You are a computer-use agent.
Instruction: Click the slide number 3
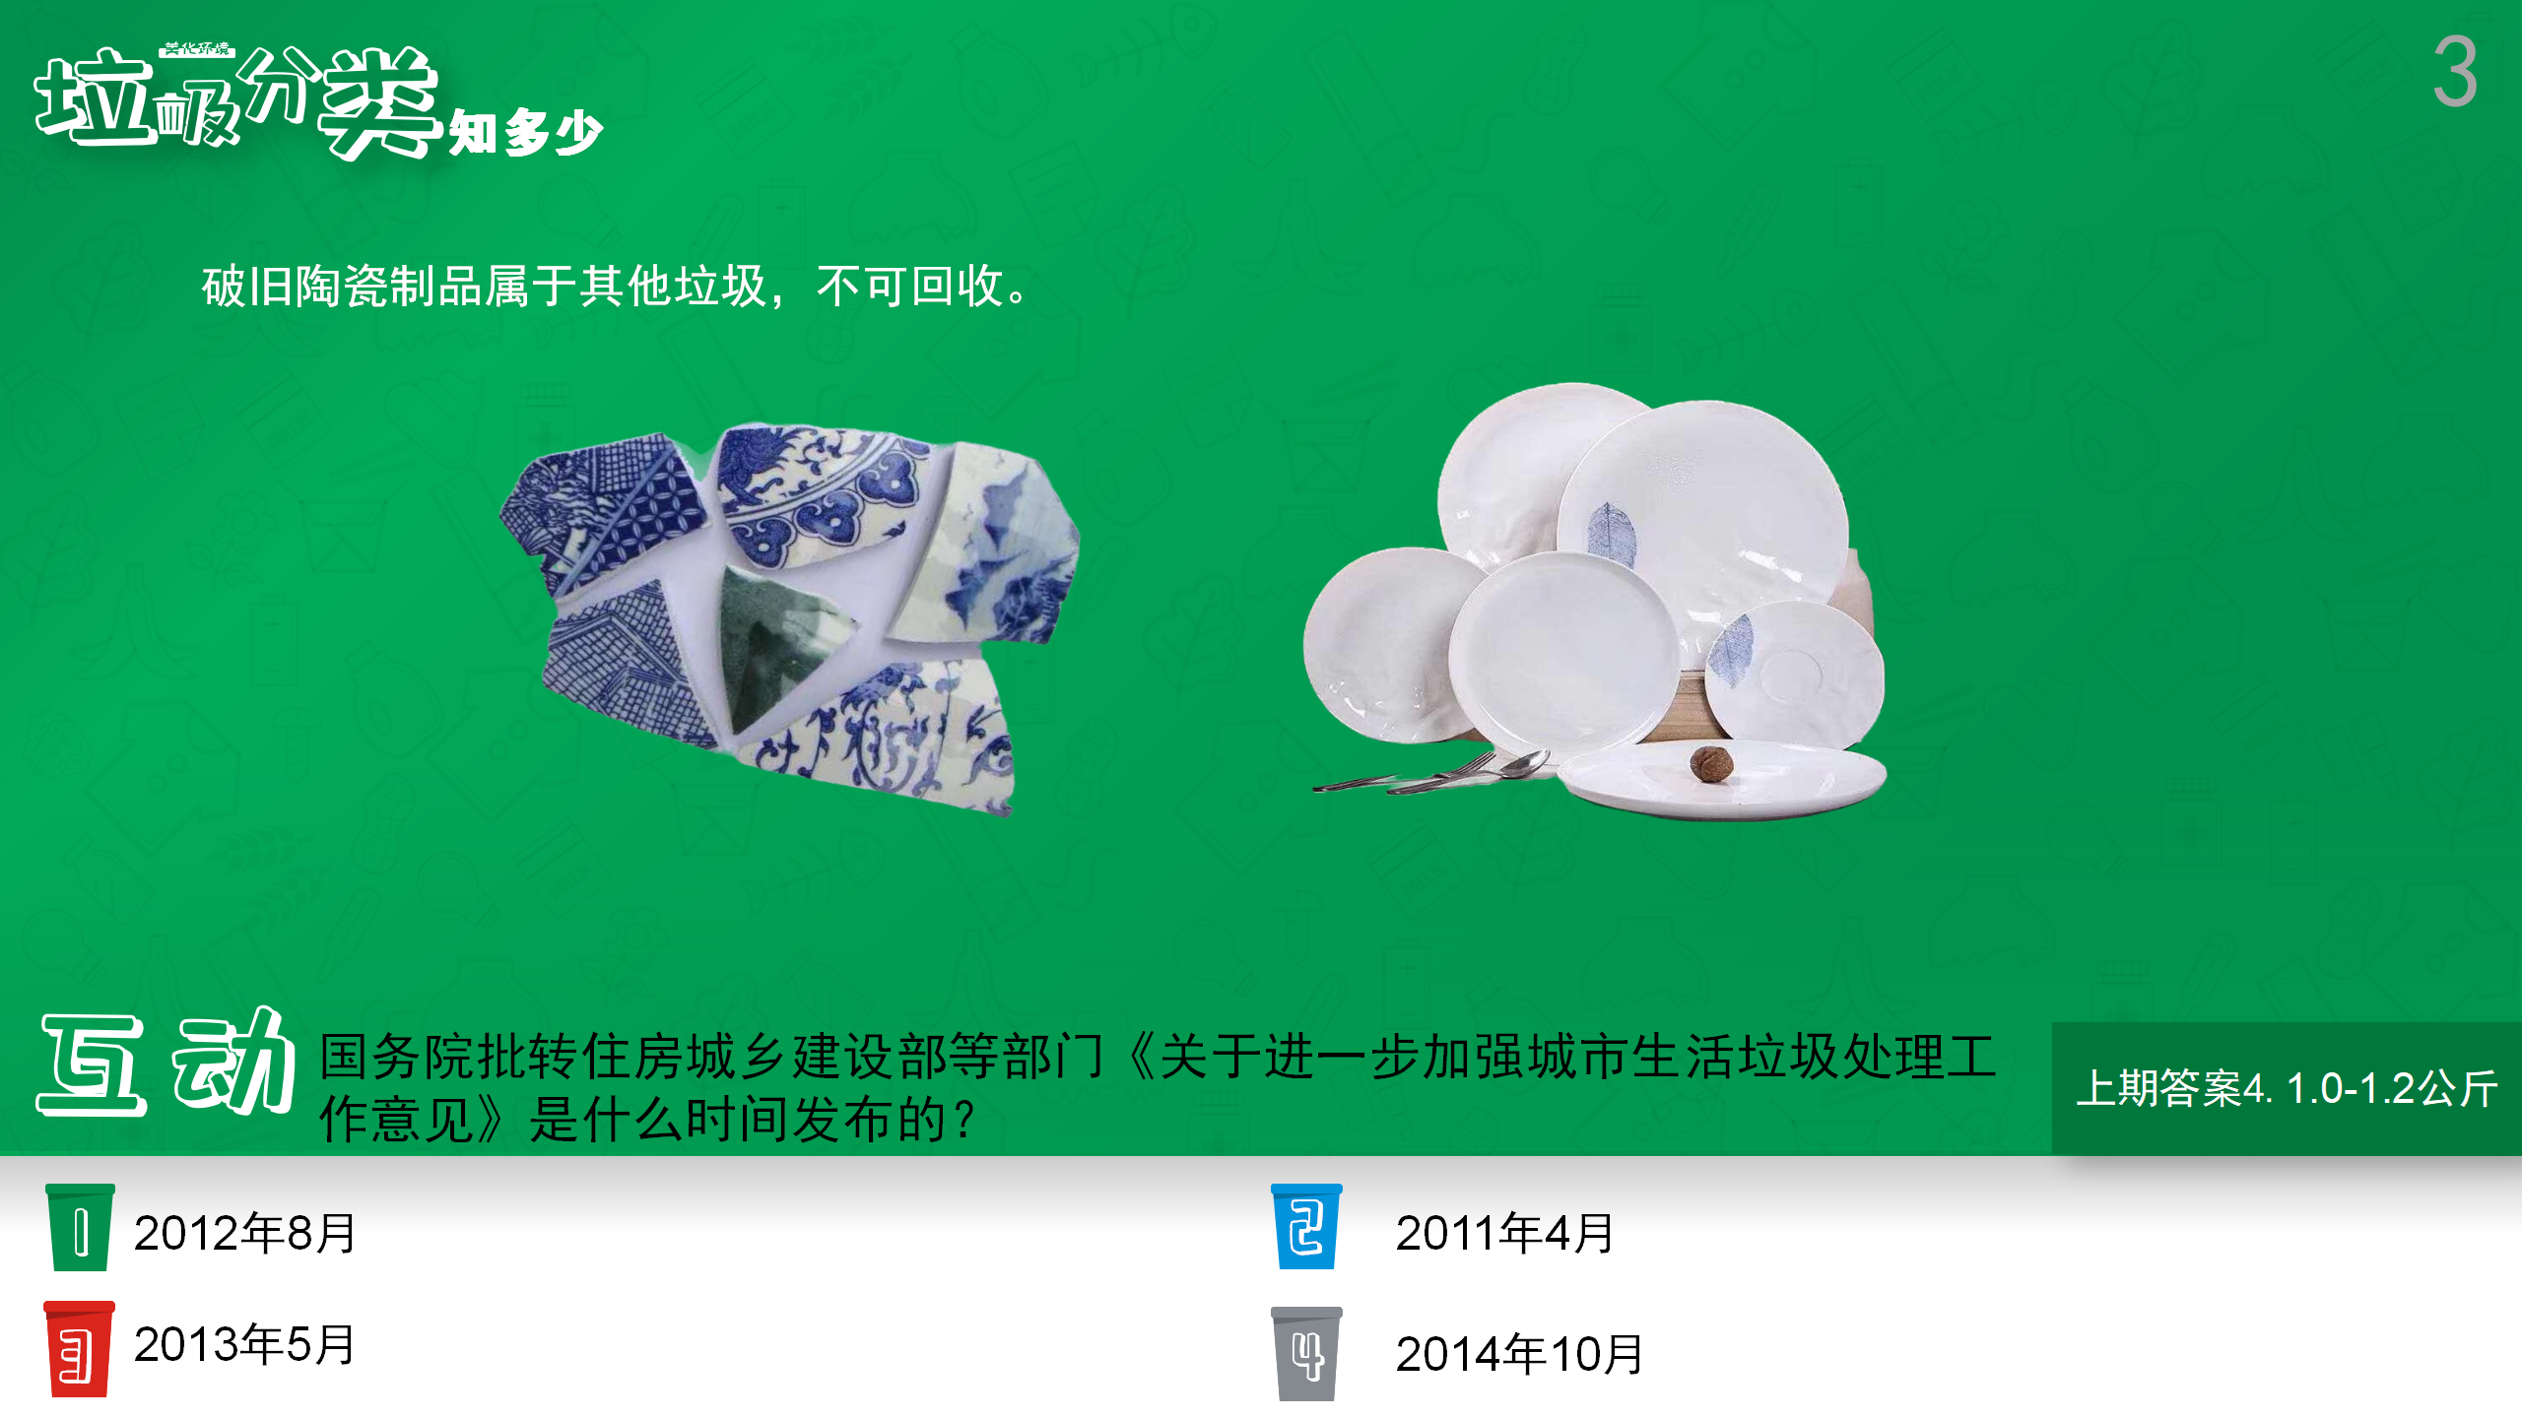pyautogui.click(x=2454, y=71)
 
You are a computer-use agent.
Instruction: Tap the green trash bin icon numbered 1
pyautogui.click(x=81, y=1227)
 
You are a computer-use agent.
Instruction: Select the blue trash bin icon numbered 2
pyautogui.click(x=1306, y=1227)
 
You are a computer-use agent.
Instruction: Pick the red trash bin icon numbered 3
pyautogui.click(x=79, y=1349)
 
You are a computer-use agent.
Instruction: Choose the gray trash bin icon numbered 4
pyautogui.click(x=1306, y=1354)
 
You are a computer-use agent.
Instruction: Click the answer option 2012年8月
pyautogui.click(x=244, y=1233)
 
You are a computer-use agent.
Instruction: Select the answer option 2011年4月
pyautogui.click(x=1504, y=1233)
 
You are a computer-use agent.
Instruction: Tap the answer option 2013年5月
pyautogui.click(x=244, y=1344)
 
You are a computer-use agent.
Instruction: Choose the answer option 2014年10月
pyautogui.click(x=1519, y=1354)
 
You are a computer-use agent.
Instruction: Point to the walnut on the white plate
pyautogui.click(x=1711, y=763)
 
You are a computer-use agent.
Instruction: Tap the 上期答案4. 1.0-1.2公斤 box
pyautogui.click(x=2287, y=1088)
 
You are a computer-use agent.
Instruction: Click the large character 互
pyautogui.click(x=93, y=1065)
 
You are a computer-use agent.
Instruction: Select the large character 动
pyautogui.click(x=234, y=1062)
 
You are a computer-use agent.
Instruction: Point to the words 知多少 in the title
pyautogui.click(x=525, y=132)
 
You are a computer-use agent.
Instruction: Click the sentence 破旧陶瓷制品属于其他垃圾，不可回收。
pyautogui.click(x=617, y=287)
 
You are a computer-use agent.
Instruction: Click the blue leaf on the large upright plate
pyautogui.click(x=1611, y=535)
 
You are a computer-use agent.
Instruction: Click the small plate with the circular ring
pyautogui.click(x=1795, y=675)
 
